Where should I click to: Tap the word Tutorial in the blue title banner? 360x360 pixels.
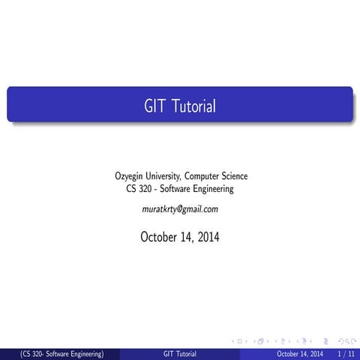(192, 107)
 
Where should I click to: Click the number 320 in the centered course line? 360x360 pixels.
(148, 189)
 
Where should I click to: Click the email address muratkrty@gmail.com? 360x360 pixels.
(180, 208)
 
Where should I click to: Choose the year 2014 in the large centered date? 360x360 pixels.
(207, 238)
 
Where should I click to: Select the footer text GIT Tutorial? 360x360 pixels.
(180, 353)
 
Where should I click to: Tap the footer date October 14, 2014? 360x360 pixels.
(300, 353)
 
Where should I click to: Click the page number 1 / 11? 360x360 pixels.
(346, 353)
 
